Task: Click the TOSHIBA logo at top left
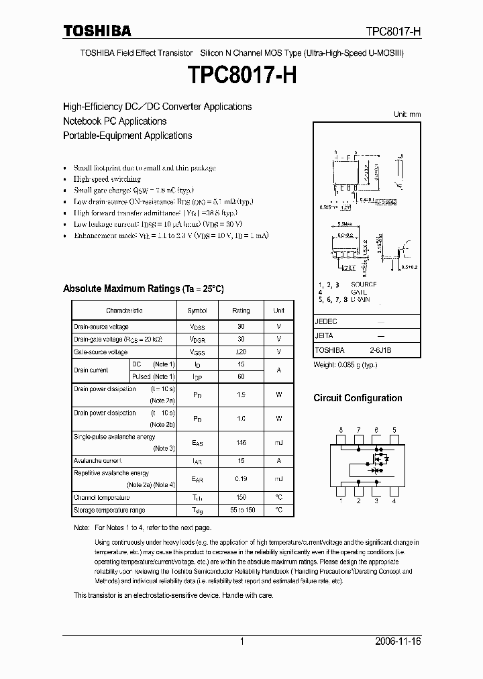[97, 31]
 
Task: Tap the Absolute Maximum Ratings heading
[143, 289]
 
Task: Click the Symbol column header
[197, 311]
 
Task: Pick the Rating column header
[241, 311]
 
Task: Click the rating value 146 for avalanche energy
[241, 443]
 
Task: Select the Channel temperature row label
[101, 498]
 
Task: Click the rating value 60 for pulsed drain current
[241, 377]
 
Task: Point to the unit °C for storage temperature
[278, 511]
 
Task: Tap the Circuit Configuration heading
[358, 398]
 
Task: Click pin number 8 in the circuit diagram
[341, 430]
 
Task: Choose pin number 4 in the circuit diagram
[394, 501]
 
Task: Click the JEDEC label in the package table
[326, 322]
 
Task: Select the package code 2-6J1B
[380, 350]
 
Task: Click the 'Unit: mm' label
[407, 114]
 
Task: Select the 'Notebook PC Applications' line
[115, 121]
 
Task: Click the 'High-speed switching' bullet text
[107, 179]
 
